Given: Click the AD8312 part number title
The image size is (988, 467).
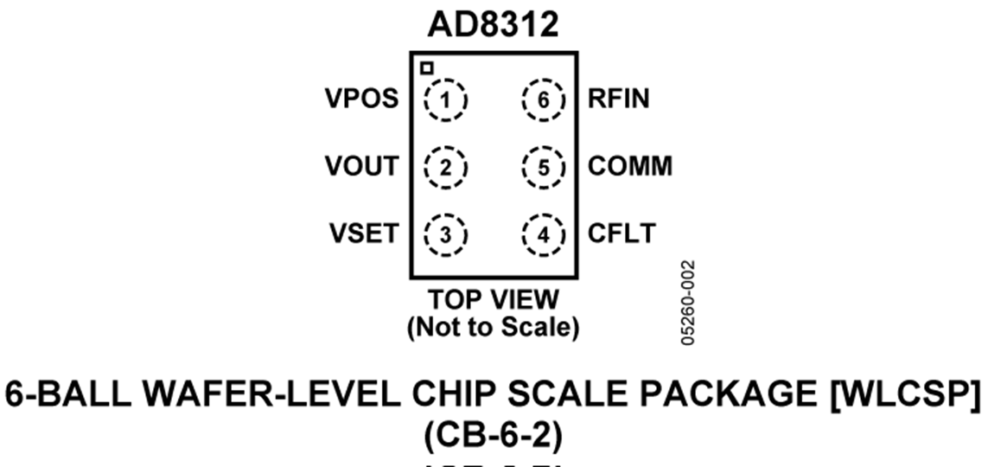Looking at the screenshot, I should pyautogui.click(x=494, y=25).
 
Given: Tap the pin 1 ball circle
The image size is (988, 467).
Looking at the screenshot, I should pyautogui.click(x=446, y=100).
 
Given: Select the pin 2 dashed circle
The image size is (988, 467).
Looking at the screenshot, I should pyautogui.click(x=446, y=167).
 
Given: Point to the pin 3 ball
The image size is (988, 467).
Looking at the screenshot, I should pyautogui.click(x=446, y=233).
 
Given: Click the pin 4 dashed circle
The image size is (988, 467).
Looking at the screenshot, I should pyautogui.click(x=543, y=233).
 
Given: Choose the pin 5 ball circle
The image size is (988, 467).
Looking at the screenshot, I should pyautogui.click(x=543, y=167).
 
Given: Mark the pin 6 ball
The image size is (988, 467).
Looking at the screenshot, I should pyautogui.click(x=543, y=100).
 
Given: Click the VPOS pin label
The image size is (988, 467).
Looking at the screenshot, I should pyautogui.click(x=361, y=100).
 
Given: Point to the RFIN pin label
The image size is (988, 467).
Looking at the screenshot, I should pyautogui.click(x=619, y=100).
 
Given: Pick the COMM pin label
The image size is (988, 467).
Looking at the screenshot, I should pyautogui.click(x=630, y=167).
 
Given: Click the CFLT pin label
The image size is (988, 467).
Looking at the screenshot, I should pyautogui.click(x=621, y=233).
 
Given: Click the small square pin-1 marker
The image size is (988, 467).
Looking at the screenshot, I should pyautogui.click(x=426, y=67).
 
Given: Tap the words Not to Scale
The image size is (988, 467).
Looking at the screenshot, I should pyautogui.click(x=494, y=328).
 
